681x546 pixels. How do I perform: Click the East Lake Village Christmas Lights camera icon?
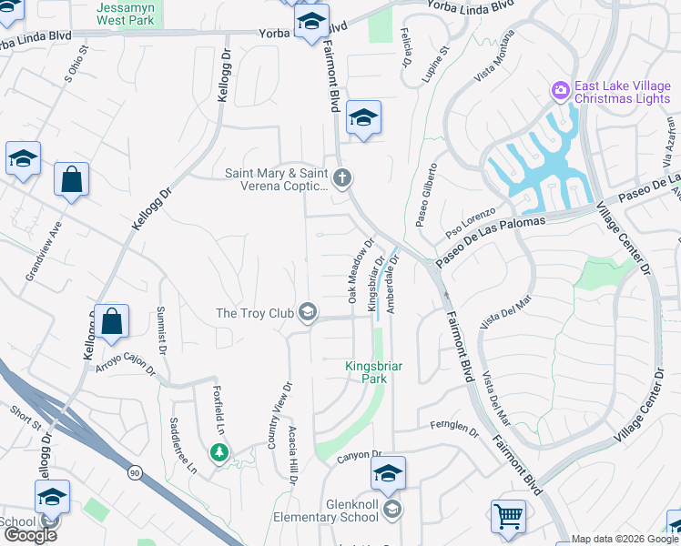[560, 91]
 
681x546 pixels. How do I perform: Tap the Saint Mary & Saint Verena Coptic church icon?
[342, 177]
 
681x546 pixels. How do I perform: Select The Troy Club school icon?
[308, 313]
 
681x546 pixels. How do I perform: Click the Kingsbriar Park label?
[373, 372]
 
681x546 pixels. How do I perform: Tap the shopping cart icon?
[508, 517]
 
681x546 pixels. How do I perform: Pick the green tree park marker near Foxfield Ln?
[219, 451]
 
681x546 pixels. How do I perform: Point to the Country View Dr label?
[277, 413]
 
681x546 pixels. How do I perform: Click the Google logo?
[30, 534]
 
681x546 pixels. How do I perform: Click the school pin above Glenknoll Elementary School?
[388, 473]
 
